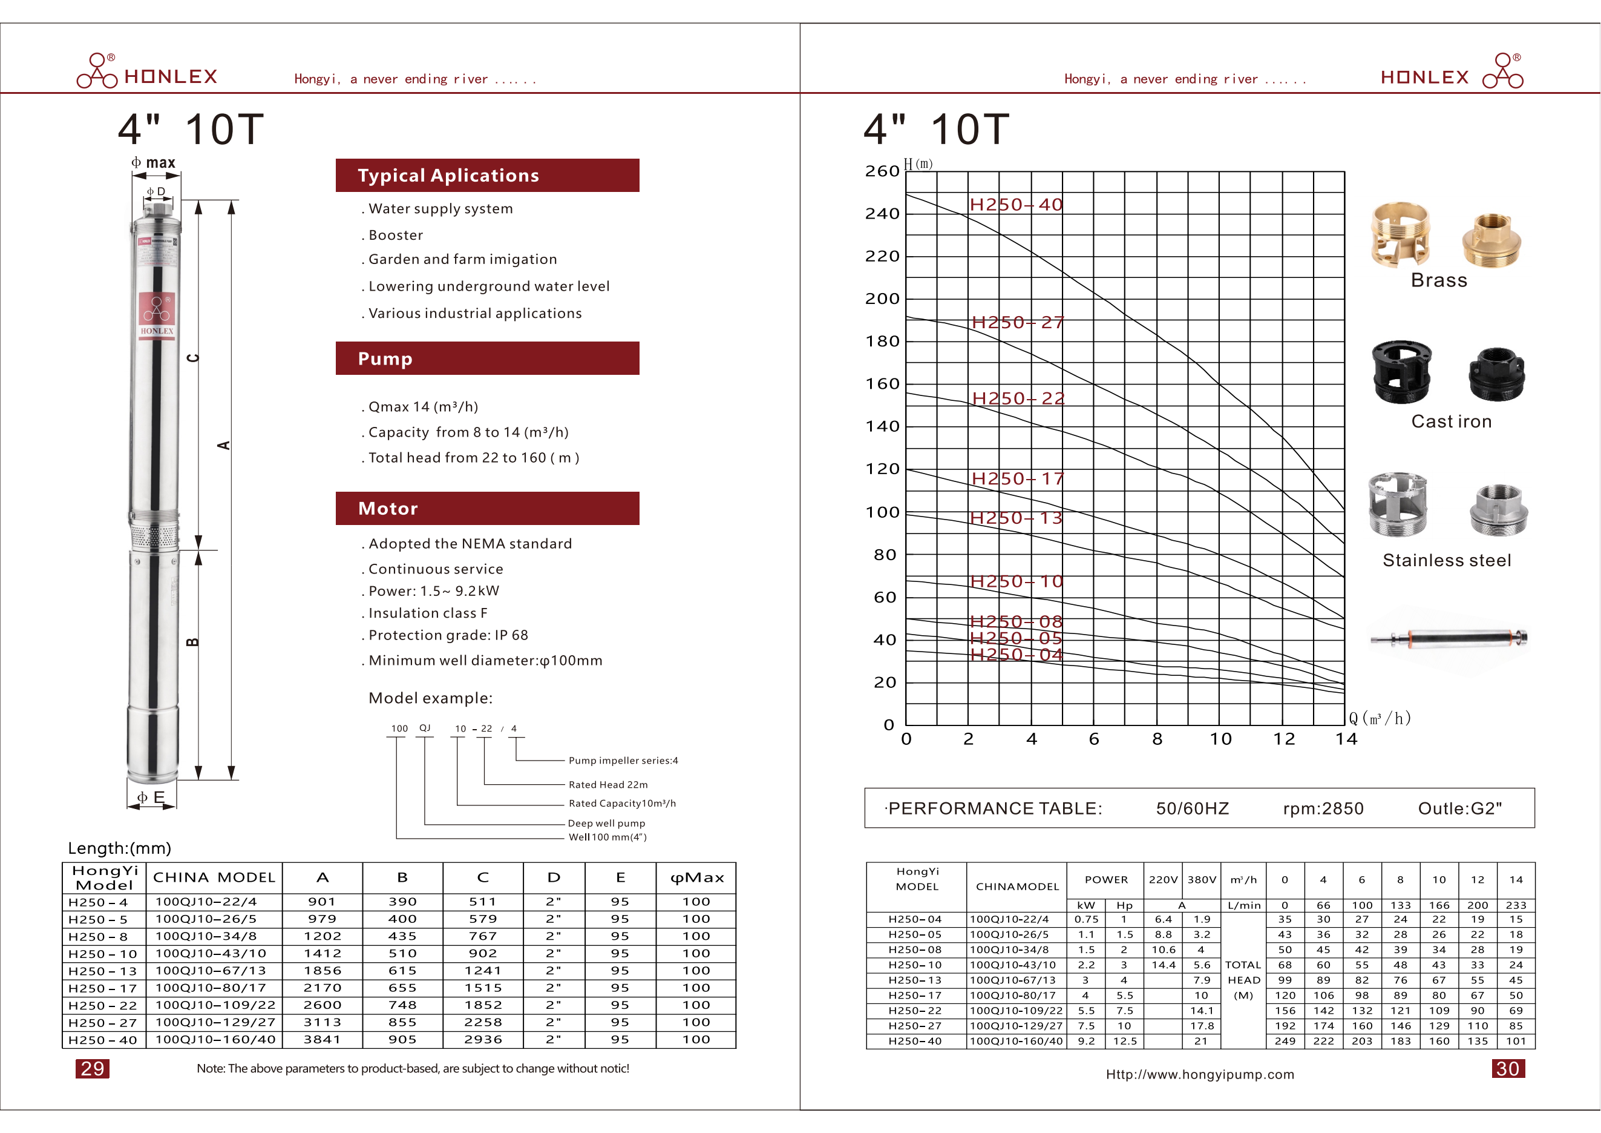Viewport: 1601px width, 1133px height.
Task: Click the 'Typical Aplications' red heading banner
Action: pyautogui.click(x=486, y=175)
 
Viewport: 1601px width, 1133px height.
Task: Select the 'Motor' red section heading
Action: pyautogui.click(x=486, y=509)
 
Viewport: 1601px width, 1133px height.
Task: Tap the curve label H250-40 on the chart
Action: pyautogui.click(x=1016, y=205)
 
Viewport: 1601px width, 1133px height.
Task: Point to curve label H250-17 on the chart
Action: pyautogui.click(x=1017, y=478)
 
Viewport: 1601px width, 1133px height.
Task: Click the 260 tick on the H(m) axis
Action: pyautogui.click(x=882, y=171)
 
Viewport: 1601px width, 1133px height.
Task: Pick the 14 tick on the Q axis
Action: pyautogui.click(x=1346, y=739)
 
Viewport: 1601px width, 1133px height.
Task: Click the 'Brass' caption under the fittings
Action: pyautogui.click(x=1438, y=280)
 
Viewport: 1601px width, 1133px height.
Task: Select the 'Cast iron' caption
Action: pyautogui.click(x=1451, y=421)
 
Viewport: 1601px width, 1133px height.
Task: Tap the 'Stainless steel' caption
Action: pyautogui.click(x=1446, y=560)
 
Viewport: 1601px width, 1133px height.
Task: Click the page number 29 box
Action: pyautogui.click(x=92, y=1068)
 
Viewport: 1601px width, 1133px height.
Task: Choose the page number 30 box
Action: pyautogui.click(x=1508, y=1068)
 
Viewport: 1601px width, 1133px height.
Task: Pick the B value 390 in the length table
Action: pyautogui.click(x=402, y=902)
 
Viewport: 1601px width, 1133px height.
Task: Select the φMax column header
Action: pyautogui.click(x=696, y=877)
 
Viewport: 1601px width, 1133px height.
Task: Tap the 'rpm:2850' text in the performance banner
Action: pyautogui.click(x=1323, y=808)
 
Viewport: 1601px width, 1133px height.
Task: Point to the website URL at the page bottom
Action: pyautogui.click(x=1199, y=1074)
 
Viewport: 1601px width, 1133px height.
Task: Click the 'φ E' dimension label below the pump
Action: pyautogui.click(x=151, y=797)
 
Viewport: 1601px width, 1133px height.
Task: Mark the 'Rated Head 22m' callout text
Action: pyautogui.click(x=608, y=785)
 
